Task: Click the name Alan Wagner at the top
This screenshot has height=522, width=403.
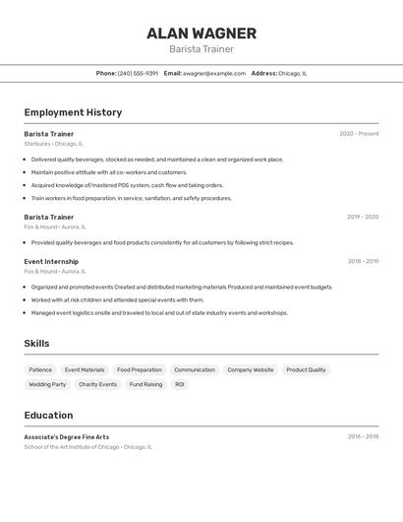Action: point(201,33)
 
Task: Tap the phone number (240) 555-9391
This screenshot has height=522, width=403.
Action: point(138,73)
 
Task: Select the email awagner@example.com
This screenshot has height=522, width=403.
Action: point(213,73)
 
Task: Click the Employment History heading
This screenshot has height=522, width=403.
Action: point(73,112)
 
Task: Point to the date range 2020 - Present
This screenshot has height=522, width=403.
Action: point(359,134)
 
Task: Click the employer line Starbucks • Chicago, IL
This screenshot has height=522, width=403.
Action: point(54,144)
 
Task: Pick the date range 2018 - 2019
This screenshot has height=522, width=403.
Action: point(363,261)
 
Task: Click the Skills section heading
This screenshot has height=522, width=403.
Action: point(36,343)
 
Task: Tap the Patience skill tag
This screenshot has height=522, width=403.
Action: point(40,370)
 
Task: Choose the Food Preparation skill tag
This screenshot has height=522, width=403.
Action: point(140,370)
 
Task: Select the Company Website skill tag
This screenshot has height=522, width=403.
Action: point(251,370)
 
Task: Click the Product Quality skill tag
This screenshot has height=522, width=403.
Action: point(306,370)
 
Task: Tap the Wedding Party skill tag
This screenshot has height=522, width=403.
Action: point(47,384)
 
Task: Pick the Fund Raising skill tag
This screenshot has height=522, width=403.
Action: point(145,384)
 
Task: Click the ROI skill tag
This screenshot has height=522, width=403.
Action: point(180,384)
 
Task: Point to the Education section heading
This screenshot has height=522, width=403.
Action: point(48,415)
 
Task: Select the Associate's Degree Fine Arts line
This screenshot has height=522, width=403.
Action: point(67,436)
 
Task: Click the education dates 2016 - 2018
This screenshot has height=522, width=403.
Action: point(363,436)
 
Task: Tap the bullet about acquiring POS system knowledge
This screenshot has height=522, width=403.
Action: point(127,185)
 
